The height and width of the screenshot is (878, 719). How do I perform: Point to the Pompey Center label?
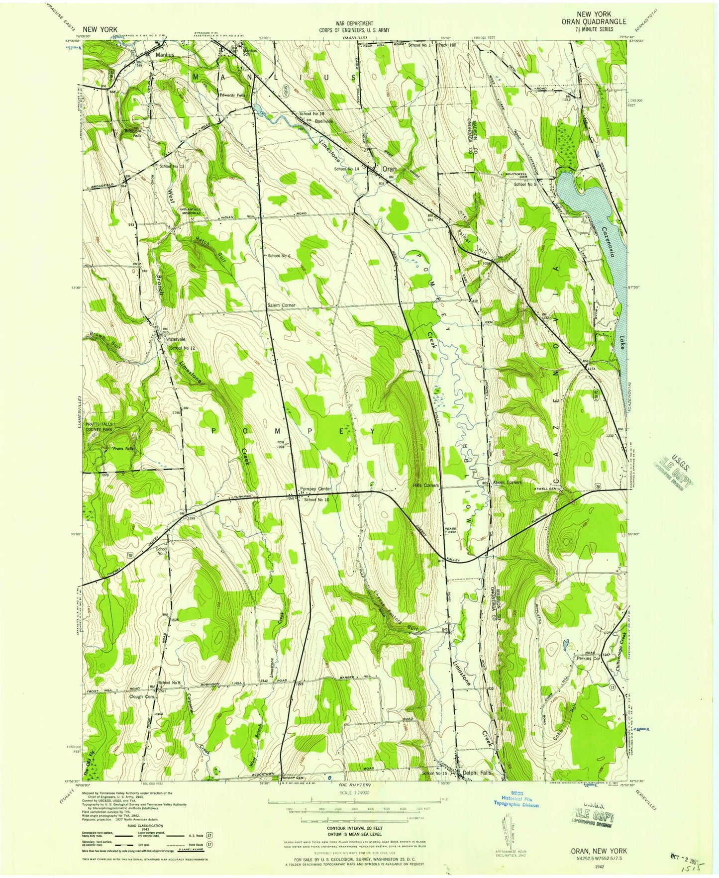[x=315, y=488]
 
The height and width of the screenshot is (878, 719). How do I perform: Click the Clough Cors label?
[x=143, y=696]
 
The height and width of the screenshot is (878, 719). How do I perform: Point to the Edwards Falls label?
[x=232, y=95]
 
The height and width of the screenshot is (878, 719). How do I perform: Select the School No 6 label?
[x=279, y=256]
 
